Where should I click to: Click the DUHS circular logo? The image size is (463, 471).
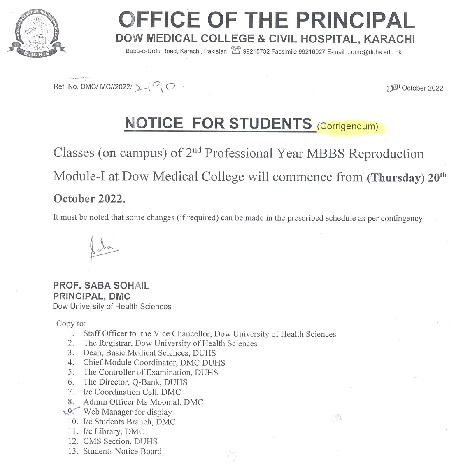36,33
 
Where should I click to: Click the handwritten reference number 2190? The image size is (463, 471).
155,86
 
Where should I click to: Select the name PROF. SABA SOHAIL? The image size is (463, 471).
101,286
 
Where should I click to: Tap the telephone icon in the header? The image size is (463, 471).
236,51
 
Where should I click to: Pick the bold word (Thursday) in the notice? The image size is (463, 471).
395,178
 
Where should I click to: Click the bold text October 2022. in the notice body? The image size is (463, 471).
88,198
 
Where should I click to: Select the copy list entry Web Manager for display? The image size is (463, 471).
128,412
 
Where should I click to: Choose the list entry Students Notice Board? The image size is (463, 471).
122,451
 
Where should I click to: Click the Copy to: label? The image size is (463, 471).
71,324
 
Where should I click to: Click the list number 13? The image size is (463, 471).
73,451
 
